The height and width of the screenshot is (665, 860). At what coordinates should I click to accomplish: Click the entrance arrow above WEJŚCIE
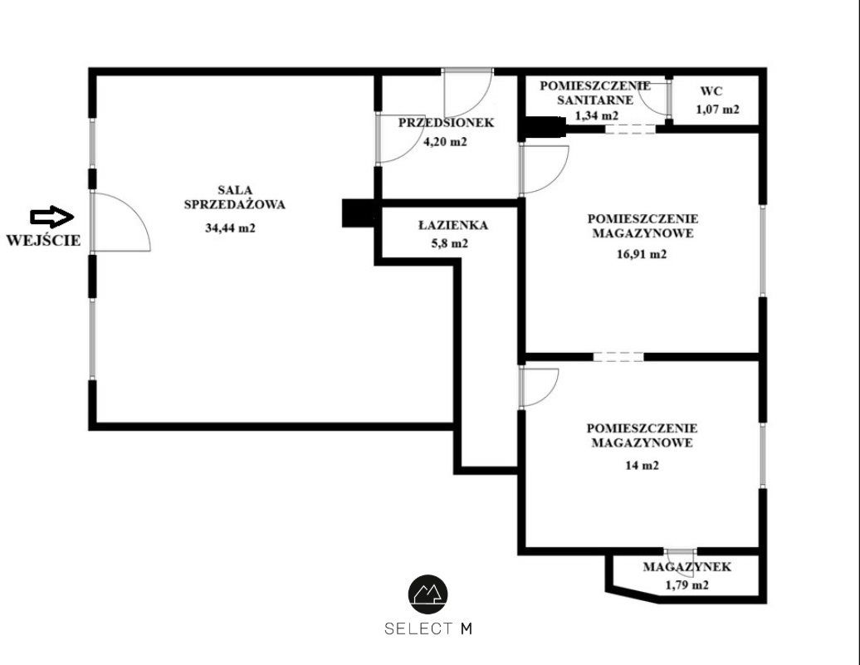(52, 217)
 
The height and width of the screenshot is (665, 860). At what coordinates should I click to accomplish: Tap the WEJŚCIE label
(43, 240)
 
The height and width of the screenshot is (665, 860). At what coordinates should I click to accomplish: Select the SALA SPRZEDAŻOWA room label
(235, 198)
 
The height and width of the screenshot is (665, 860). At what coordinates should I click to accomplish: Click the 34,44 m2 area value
(231, 227)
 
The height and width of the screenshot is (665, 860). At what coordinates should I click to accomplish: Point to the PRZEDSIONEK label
(446, 122)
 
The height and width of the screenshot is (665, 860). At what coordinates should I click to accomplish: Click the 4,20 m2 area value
(445, 142)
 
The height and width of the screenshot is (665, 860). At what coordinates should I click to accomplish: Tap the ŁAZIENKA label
(453, 225)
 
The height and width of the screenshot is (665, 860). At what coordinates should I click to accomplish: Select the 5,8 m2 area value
(450, 243)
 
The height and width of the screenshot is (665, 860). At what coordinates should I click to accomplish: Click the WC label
(711, 91)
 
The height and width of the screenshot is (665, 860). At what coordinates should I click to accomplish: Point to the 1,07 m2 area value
(717, 110)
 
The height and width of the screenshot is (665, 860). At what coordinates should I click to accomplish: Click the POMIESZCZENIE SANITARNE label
(595, 93)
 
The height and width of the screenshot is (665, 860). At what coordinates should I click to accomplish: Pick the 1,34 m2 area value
(597, 115)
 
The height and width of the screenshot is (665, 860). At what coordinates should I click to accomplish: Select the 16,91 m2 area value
(642, 254)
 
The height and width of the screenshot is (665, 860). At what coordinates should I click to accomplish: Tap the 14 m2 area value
(642, 465)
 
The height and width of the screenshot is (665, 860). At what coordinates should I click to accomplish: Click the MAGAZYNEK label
(687, 567)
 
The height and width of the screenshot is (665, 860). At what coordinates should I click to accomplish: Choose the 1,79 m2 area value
(687, 585)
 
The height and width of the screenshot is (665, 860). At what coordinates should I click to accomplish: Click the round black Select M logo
(428, 594)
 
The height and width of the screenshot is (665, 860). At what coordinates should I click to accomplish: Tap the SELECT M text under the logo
(428, 628)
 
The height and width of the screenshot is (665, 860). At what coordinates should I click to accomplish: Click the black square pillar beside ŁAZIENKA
(358, 213)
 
